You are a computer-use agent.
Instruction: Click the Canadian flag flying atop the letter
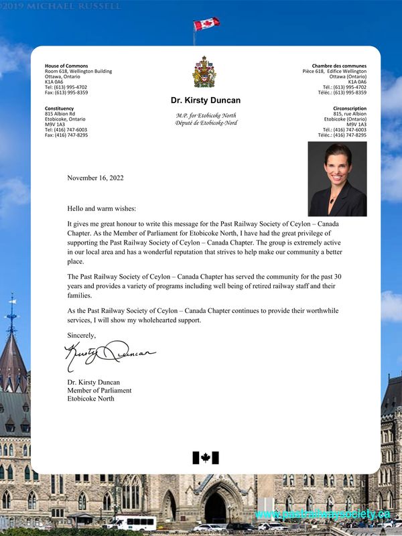click(x=206, y=24)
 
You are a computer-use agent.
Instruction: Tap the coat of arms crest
click(x=204, y=72)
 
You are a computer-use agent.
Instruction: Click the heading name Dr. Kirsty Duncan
click(x=205, y=100)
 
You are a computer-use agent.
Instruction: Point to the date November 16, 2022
click(x=95, y=178)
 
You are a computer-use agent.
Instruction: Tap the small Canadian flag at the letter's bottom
click(x=206, y=458)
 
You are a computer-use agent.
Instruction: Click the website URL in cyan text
click(x=322, y=514)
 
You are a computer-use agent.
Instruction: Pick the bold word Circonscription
click(x=350, y=108)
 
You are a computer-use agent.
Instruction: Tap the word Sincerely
click(x=82, y=334)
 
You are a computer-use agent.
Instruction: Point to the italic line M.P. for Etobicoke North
click(x=206, y=116)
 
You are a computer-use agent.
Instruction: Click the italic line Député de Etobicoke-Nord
click(x=206, y=123)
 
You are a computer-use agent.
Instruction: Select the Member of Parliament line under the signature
click(x=99, y=391)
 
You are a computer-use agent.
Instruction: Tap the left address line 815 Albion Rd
click(x=60, y=113)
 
